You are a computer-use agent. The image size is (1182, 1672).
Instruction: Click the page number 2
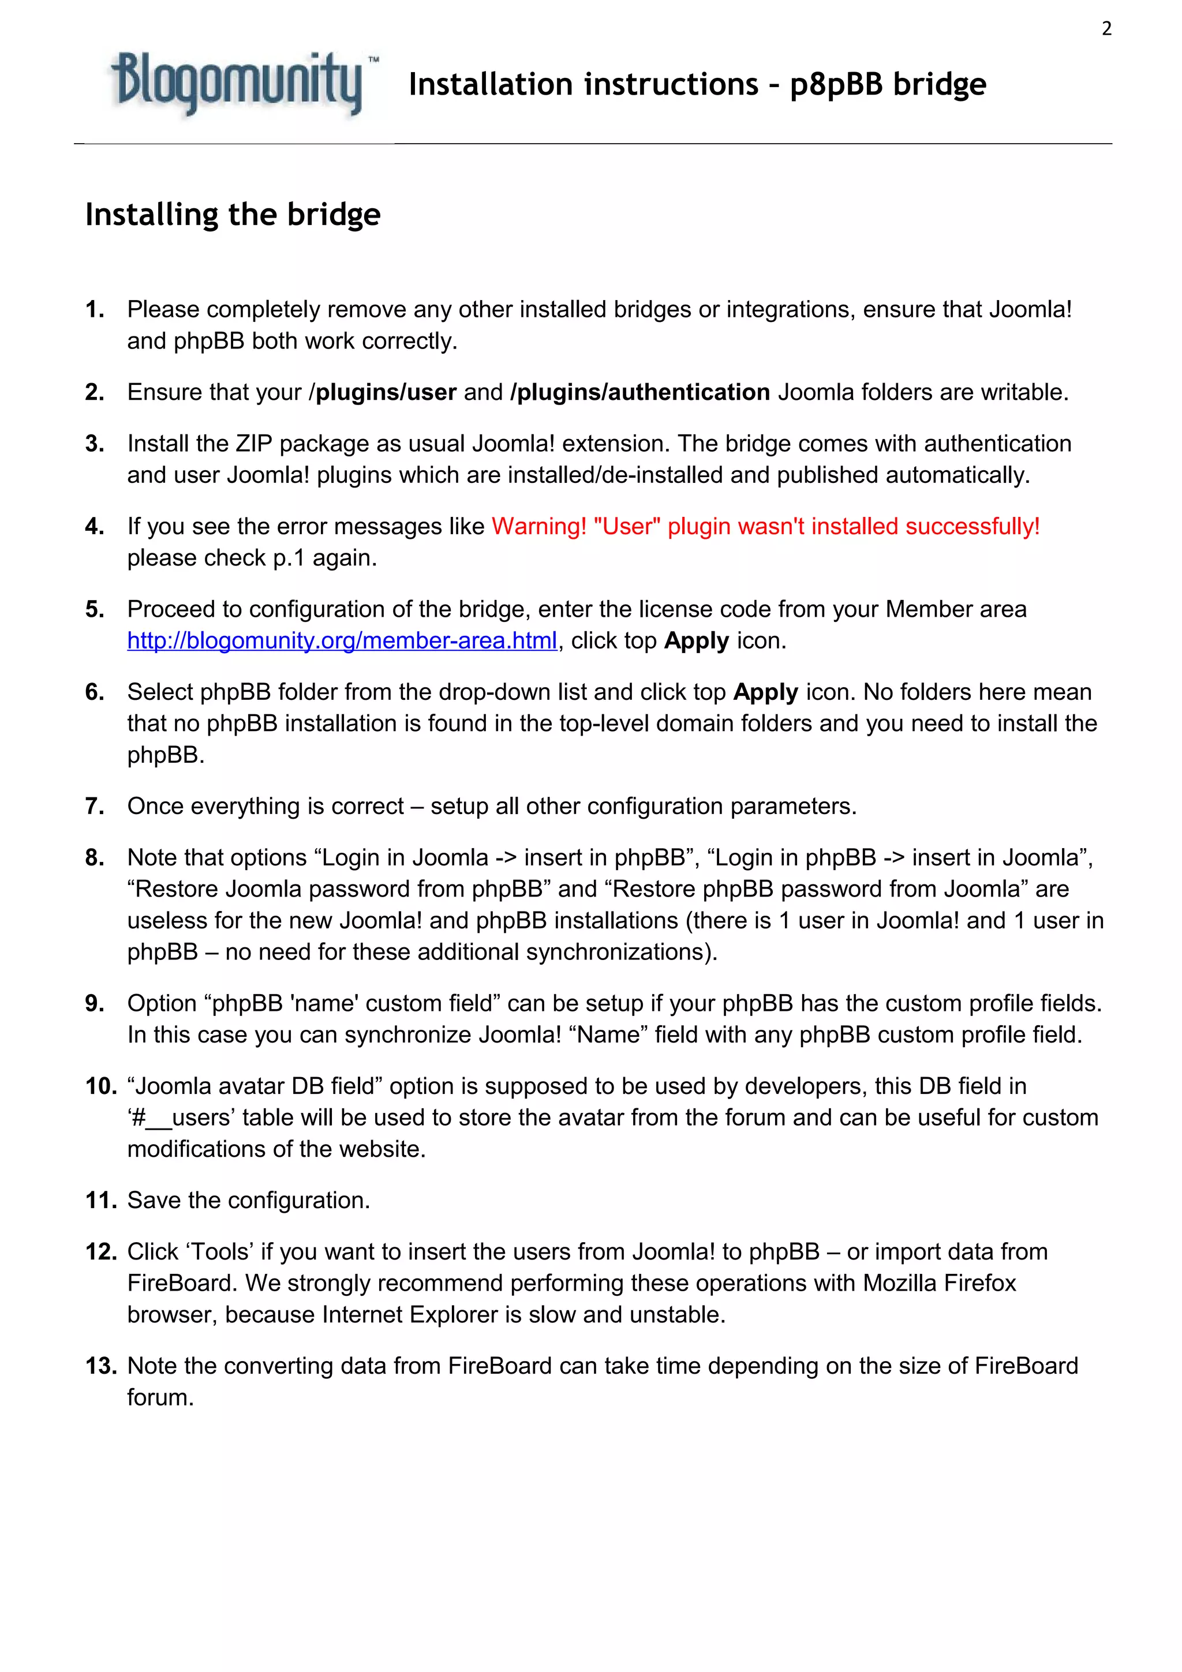[1106, 29]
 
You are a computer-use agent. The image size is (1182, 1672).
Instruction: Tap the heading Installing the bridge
[233, 215]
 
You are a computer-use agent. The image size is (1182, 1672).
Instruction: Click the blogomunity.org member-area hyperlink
[342, 641]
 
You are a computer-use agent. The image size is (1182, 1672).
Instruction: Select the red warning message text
[765, 527]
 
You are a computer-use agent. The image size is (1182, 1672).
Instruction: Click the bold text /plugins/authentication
[640, 392]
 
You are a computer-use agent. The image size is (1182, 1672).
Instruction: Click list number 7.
[95, 806]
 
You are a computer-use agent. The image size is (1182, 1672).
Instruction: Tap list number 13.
[100, 1366]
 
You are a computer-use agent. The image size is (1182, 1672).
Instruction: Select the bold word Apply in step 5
[696, 641]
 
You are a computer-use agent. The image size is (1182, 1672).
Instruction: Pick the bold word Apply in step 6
[765, 692]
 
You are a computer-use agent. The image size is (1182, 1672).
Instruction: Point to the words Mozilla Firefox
[939, 1283]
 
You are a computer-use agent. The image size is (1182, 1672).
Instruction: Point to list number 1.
[95, 309]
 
